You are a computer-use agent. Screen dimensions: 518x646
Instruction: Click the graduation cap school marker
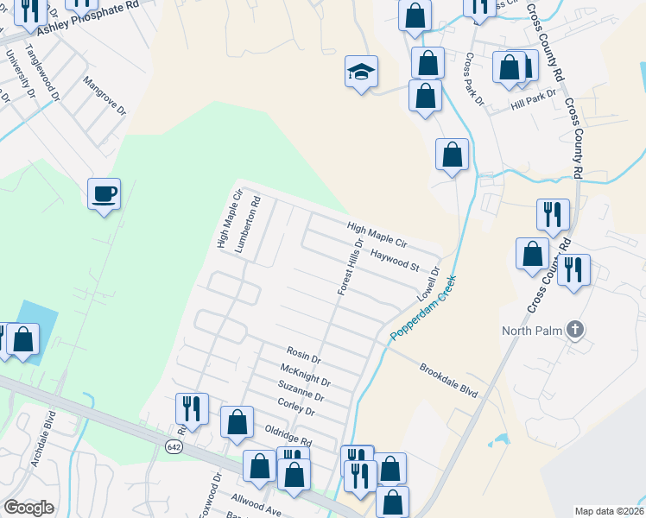[x=362, y=72]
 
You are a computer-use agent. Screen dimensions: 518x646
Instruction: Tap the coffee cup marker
[x=104, y=194]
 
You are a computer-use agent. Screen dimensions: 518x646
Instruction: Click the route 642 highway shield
[x=174, y=445]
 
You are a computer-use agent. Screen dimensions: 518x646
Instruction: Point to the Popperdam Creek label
[x=422, y=308]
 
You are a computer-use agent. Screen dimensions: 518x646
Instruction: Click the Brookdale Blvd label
[x=448, y=379]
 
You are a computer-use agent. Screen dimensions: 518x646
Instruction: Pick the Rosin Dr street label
[x=304, y=354]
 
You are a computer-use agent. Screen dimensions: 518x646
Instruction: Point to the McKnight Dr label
[x=306, y=374]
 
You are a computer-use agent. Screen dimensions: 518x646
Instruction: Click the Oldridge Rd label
[x=288, y=433]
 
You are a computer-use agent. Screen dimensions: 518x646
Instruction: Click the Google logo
[x=28, y=508]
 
